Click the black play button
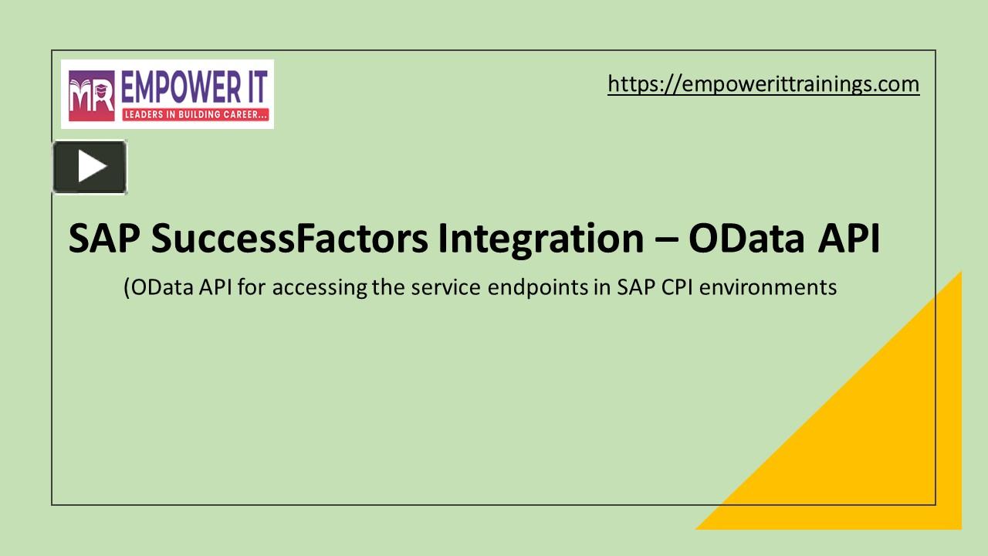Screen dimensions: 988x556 click(90, 167)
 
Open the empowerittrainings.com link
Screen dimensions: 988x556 click(763, 84)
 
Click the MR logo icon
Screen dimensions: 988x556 click(92, 95)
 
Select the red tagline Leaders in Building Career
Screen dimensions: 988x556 click(195, 114)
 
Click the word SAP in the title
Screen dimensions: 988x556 click(104, 239)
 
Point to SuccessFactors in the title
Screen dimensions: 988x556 click(289, 239)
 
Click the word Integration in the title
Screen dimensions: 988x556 click(541, 240)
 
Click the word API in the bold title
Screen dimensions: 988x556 click(848, 239)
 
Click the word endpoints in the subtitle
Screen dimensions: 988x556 click(538, 288)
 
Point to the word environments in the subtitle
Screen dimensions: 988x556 click(768, 287)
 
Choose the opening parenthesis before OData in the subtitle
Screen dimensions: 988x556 click(127, 288)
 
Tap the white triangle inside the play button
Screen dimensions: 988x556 click(92, 166)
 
